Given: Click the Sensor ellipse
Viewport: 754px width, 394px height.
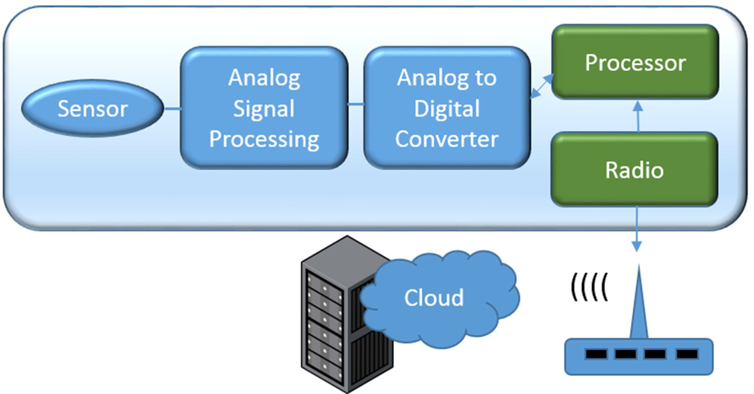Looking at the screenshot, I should (x=92, y=109).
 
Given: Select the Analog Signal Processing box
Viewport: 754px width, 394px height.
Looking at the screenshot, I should (x=264, y=108).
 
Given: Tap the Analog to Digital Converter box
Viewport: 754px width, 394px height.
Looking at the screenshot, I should (x=447, y=108).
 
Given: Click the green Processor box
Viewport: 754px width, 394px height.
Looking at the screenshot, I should (x=635, y=62).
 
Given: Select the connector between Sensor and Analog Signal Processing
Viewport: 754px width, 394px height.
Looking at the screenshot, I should (x=172, y=108).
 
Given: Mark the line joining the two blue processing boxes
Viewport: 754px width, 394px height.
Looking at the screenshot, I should (x=356, y=105).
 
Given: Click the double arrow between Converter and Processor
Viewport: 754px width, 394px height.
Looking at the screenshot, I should (x=542, y=84).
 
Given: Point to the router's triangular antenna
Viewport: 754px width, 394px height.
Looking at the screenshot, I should (x=638, y=307).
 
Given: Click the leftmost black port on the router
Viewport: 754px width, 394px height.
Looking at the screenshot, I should (x=596, y=354).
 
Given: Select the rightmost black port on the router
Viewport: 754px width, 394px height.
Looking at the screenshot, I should (x=686, y=354).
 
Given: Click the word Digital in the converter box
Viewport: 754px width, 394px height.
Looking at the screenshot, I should (x=447, y=109).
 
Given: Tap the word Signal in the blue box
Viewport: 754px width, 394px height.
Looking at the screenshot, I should (x=264, y=109).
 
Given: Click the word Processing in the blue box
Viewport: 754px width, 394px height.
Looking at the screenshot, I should (x=264, y=139).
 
